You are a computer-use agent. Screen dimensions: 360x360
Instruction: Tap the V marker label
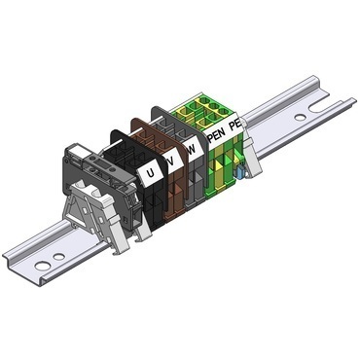[172, 162]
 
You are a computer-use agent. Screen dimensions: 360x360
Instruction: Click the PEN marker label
[216, 135]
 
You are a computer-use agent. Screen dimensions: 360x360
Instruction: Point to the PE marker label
[234, 126]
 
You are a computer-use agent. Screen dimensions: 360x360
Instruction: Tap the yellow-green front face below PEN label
[219, 165]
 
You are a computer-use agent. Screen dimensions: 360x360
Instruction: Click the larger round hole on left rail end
[40, 264]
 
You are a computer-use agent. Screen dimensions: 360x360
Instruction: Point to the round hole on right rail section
[300, 118]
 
